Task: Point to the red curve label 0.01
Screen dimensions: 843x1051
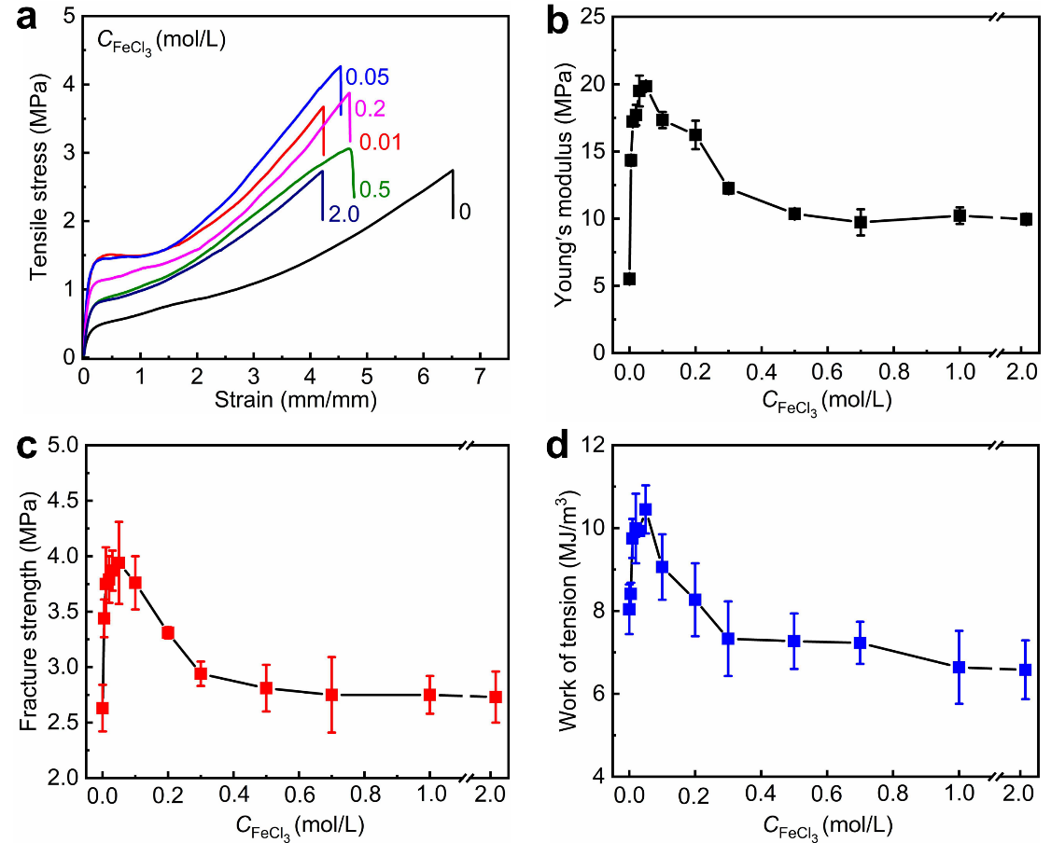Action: [x=379, y=143]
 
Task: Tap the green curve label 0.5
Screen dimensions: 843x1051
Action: [x=375, y=191]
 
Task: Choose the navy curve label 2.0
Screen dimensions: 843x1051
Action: [x=343, y=214]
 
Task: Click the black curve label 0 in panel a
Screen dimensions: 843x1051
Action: [x=465, y=212]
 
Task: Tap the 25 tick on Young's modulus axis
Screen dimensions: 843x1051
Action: [x=597, y=17]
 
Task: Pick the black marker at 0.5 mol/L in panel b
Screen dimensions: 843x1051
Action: [x=794, y=214]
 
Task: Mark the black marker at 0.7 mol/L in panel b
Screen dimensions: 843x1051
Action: [x=861, y=222]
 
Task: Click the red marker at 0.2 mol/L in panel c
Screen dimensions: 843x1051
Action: [x=168, y=632]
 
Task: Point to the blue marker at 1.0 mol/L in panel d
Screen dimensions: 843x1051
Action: [x=959, y=667]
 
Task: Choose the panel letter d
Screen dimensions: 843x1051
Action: [x=558, y=448]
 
